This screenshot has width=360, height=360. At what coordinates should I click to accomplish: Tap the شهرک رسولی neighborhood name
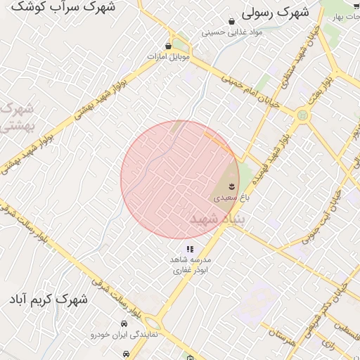276,13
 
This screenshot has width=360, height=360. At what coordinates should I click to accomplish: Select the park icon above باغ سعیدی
232,186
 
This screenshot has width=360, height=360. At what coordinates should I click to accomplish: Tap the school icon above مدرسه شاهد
190,249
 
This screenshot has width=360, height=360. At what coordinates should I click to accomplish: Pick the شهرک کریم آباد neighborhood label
49,300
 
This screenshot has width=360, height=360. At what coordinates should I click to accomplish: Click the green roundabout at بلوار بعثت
302,114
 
